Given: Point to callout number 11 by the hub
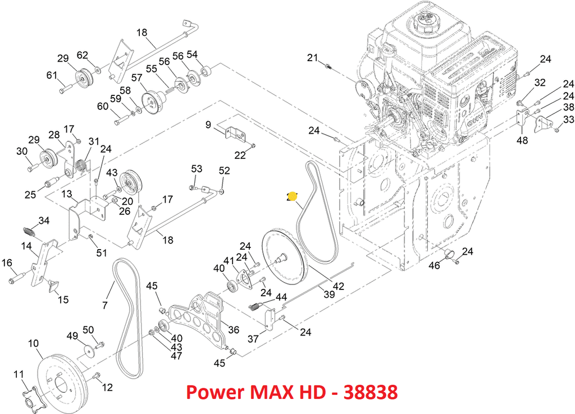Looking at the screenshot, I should tap(19, 374).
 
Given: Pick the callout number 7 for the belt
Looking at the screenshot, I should tap(105, 305).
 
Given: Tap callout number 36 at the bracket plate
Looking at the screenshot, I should tap(234, 330).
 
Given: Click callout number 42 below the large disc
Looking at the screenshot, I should tap(338, 286).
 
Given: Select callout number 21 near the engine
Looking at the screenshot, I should tap(313, 57).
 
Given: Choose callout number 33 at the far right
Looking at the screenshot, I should tap(568, 119).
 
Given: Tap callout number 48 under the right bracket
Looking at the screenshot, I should tap(522, 141).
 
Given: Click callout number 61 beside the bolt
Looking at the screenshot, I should tap(52, 76).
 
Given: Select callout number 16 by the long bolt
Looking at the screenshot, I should tap(7, 263).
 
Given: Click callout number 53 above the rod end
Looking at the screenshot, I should tap(197, 169).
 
